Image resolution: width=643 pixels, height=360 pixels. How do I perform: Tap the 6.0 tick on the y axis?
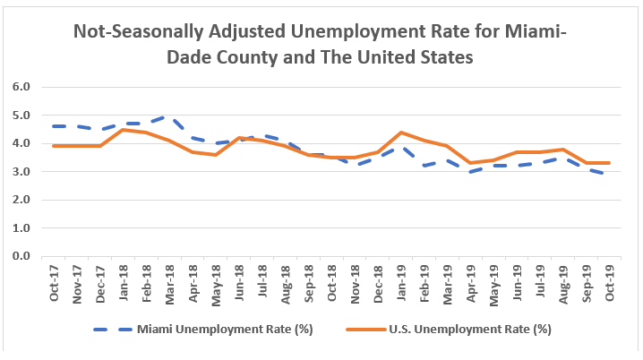[x=21, y=87]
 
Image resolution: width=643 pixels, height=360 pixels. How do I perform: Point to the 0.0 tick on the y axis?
[x=21, y=256]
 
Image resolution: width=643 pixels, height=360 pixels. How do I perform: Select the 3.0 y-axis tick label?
[x=21, y=171]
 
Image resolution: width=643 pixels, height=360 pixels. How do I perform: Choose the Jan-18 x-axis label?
[x=124, y=282]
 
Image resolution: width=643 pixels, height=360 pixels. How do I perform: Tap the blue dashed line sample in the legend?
[x=115, y=329]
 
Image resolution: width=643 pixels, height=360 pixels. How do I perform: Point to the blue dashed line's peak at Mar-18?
[x=170, y=117]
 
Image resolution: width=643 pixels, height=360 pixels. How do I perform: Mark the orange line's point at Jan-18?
[x=124, y=130]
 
